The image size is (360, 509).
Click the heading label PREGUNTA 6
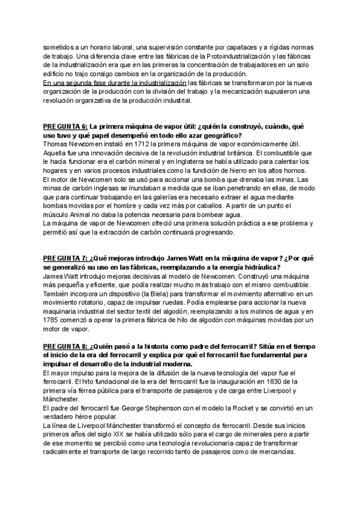click(65, 127)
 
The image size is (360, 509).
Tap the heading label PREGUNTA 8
click(65, 348)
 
